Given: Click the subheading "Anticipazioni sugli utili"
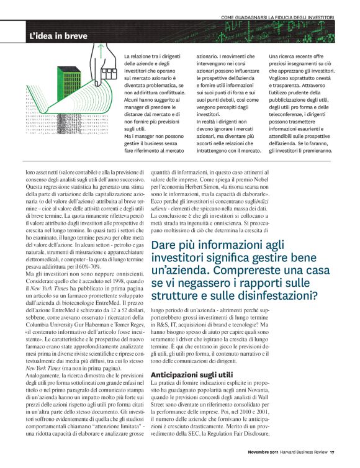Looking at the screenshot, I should pos(192,357).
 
